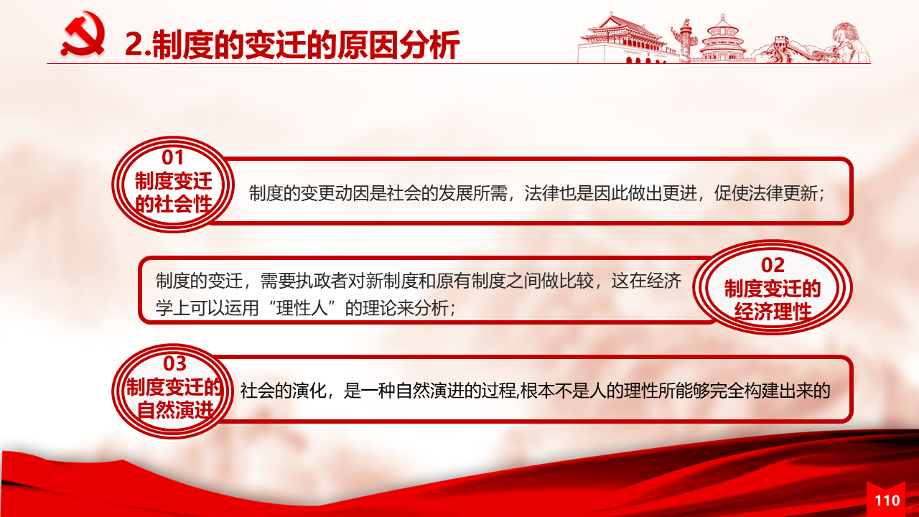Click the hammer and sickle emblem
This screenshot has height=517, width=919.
[83, 34]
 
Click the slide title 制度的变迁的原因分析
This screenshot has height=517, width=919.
[291, 45]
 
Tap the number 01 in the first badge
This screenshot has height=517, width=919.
[172, 157]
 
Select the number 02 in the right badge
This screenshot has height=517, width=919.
[773, 265]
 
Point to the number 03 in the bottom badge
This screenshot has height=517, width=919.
[174, 363]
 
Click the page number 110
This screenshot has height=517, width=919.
[887, 500]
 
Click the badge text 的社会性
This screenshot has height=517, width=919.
[174, 204]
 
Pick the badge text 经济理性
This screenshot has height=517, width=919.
[773, 312]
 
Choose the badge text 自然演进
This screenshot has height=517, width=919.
[175, 410]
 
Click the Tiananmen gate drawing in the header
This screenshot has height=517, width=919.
[624, 39]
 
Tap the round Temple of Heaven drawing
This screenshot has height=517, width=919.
[722, 38]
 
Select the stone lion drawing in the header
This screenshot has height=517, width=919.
[850, 42]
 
